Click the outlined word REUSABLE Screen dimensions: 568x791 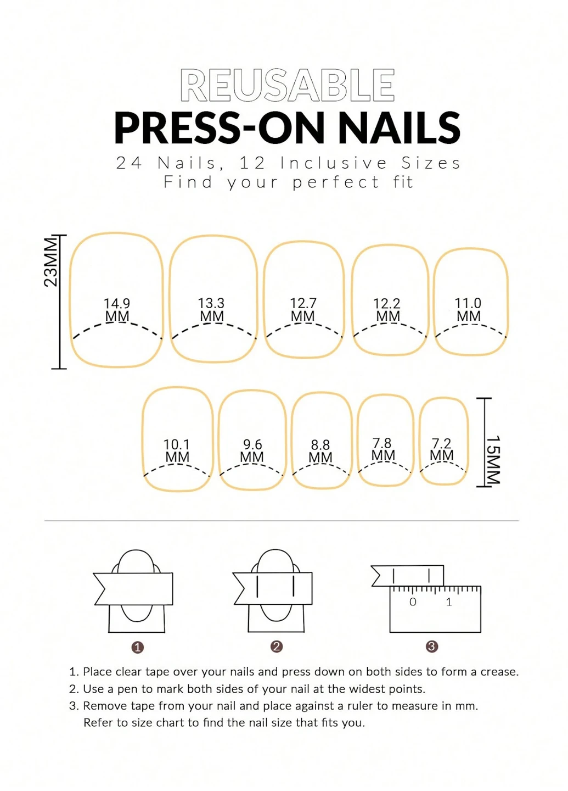pyautogui.click(x=287, y=85)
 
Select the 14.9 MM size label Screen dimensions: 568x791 pyautogui.click(x=117, y=310)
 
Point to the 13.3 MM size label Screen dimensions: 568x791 pyautogui.click(x=211, y=310)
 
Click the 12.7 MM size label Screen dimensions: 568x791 pyautogui.click(x=303, y=310)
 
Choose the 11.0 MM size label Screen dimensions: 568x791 pyautogui.click(x=468, y=310)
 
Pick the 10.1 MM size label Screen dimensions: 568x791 pyautogui.click(x=177, y=450)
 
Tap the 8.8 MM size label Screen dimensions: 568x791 pyautogui.click(x=320, y=451)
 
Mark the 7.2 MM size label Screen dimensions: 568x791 pyautogui.click(x=441, y=449)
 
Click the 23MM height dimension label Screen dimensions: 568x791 pyautogui.click(x=50, y=261)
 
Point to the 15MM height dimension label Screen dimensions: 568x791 pyautogui.click(x=493, y=460)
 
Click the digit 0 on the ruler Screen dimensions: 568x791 pyautogui.click(x=413, y=601)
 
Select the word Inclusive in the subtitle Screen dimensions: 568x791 pyautogui.click(x=334, y=163)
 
